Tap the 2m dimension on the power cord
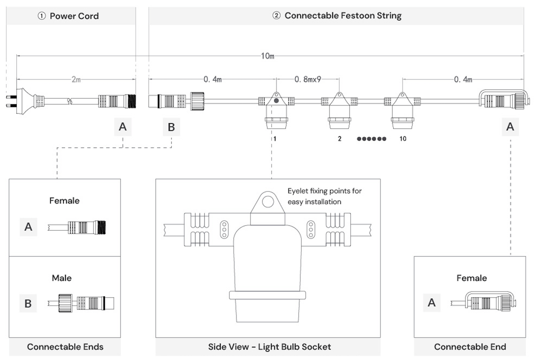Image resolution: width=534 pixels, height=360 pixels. click(x=76, y=80)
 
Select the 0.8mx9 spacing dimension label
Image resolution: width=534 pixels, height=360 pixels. click(x=307, y=80)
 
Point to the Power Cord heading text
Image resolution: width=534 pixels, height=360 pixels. click(x=69, y=16)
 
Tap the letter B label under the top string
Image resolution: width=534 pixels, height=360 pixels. click(x=171, y=127)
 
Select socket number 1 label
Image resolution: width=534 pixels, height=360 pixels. click(x=275, y=139)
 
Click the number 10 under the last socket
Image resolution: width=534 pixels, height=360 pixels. click(x=402, y=139)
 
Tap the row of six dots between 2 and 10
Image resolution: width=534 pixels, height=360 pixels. click(x=372, y=139)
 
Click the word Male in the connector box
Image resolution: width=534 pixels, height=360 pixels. click(x=62, y=278)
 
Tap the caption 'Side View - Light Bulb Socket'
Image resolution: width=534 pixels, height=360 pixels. click(x=269, y=347)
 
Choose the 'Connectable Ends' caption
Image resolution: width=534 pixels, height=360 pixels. click(x=65, y=347)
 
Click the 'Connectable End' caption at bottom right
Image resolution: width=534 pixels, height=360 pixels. click(x=470, y=347)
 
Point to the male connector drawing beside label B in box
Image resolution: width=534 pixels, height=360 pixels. click(x=86, y=303)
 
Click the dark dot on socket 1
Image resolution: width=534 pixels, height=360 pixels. click(x=276, y=101)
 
